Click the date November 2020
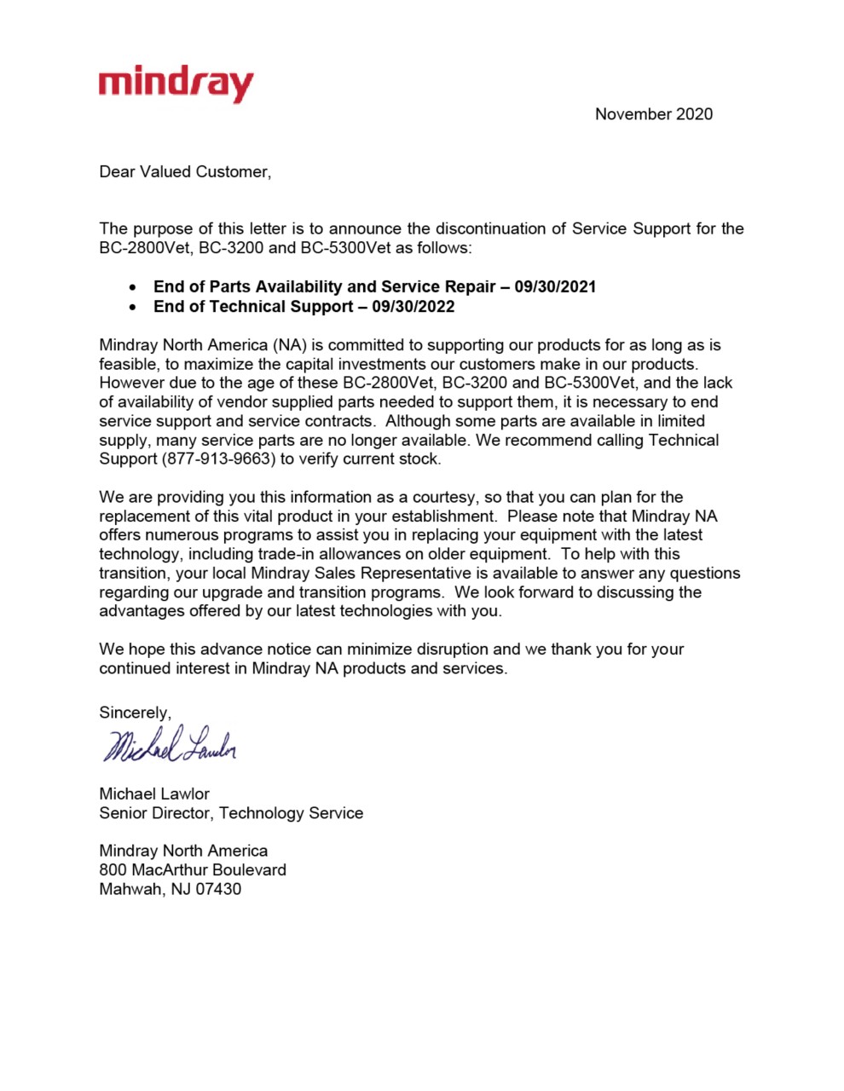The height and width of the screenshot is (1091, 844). (653, 114)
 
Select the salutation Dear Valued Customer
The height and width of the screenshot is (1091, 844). (184, 172)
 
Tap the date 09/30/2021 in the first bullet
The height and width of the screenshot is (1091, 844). (555, 287)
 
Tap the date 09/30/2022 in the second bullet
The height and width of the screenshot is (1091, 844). (413, 307)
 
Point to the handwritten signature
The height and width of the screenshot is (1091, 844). (169, 745)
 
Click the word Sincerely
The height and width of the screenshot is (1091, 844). (135, 713)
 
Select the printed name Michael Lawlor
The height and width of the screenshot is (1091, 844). (154, 794)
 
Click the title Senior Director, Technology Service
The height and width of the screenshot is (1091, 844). (231, 813)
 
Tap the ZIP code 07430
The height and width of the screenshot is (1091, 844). (218, 889)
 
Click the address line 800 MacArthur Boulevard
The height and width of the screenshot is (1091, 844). (193, 870)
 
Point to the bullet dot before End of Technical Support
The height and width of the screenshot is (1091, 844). (133, 307)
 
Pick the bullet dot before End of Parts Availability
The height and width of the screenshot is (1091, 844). (133, 287)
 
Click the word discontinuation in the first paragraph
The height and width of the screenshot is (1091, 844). (501, 229)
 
